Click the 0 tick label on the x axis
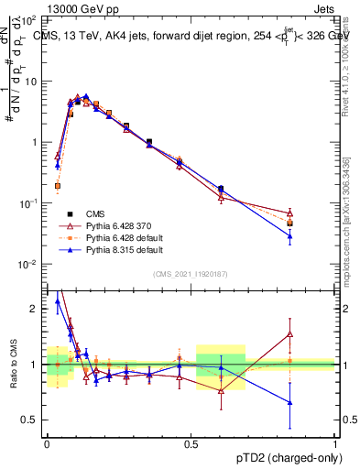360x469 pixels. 47,442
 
